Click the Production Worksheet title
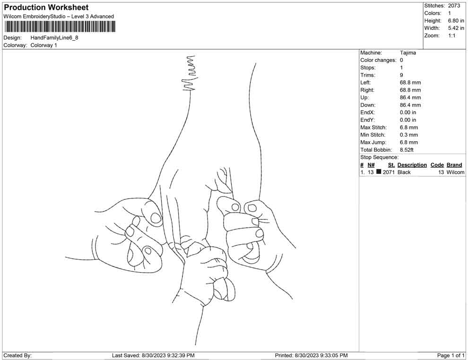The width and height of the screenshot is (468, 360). tap(46, 8)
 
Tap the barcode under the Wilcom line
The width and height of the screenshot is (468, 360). tap(59, 26)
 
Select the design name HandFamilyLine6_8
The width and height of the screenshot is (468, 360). tap(54, 37)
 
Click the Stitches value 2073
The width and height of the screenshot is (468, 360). tap(454, 6)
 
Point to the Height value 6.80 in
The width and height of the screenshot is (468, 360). tap(456, 21)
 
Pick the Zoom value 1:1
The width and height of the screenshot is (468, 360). tap(451, 36)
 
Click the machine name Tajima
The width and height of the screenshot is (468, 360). tap(408, 53)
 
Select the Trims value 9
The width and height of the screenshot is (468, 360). tap(401, 75)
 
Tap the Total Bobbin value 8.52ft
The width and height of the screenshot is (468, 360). tap(407, 150)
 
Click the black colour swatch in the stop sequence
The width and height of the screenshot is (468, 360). tap(379, 172)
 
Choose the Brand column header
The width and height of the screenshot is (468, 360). tap(454, 165)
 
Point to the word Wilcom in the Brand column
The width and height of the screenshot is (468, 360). tap(455, 172)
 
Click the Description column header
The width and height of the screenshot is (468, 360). tap(412, 165)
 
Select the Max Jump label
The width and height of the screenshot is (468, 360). tap(373, 142)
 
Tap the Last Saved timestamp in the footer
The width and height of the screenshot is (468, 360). tap(153, 355)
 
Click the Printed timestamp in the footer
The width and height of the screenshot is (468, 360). tap(311, 355)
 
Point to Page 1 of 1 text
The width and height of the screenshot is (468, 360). tap(451, 355)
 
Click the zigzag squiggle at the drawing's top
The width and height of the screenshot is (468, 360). tap(190, 73)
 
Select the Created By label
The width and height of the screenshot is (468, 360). tap(17, 355)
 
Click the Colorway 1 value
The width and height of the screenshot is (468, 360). tap(43, 45)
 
